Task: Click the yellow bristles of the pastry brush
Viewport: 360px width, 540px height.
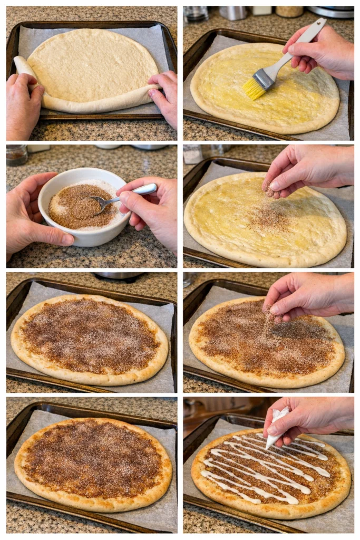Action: coord(254,89)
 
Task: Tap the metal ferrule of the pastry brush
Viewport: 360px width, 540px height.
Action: coord(264,78)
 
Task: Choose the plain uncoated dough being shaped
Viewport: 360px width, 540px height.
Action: coord(92,66)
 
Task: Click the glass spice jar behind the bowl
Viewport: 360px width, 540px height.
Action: coord(16,155)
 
